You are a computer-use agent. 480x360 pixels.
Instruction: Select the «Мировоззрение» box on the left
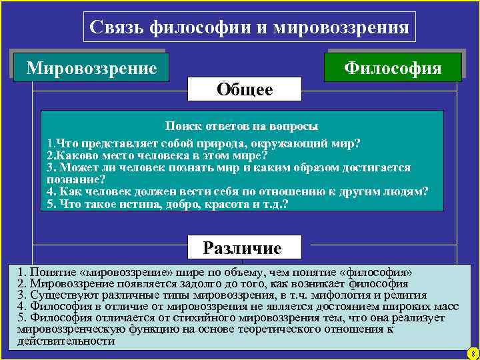click(x=91, y=68)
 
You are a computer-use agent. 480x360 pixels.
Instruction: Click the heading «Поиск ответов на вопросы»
click(x=242, y=125)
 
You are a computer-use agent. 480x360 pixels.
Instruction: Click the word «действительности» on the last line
click(x=66, y=341)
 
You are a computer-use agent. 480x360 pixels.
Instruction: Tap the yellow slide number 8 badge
click(x=471, y=353)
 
